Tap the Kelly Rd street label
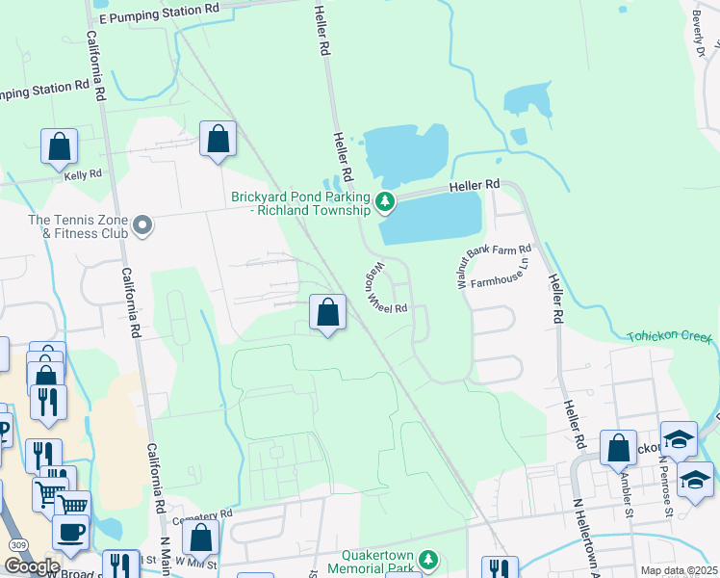(83, 174)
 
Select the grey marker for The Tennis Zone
(142, 226)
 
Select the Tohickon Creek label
(669, 337)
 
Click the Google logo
(31, 566)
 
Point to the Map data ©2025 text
(679, 571)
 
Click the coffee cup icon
(69, 531)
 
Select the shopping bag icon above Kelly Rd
(60, 147)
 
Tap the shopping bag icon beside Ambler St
(618, 448)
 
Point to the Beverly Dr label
(701, 35)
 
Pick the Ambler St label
(628, 494)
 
